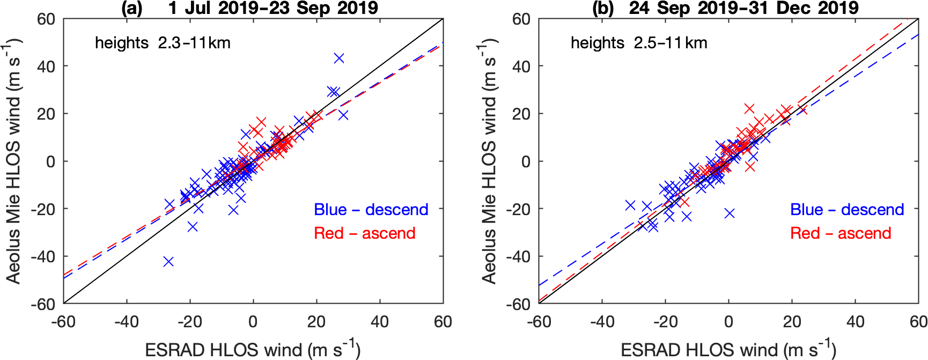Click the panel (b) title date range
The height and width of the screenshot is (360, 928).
point(743,8)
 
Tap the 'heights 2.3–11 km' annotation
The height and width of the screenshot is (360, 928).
point(163,43)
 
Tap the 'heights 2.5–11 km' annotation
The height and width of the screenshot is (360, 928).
point(638,43)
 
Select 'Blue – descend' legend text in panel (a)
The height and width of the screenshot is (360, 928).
point(371,210)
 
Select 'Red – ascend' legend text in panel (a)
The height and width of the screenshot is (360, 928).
point(364,233)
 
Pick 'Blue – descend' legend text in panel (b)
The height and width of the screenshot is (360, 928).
point(846,210)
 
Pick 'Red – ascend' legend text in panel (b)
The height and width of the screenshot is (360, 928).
point(840,233)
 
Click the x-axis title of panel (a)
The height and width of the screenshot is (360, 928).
point(253,349)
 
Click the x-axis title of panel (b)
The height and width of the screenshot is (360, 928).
point(728,349)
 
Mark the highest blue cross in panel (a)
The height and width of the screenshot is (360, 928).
point(338,58)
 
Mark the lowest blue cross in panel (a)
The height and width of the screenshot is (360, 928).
point(168,261)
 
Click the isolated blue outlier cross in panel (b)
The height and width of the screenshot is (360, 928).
point(729,214)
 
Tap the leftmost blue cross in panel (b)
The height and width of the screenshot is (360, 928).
point(630,205)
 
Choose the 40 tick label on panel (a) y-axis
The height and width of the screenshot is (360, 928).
point(46,67)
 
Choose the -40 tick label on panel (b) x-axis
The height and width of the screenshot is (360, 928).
point(602,322)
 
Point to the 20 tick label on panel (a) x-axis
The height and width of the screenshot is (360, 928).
point(316,322)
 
